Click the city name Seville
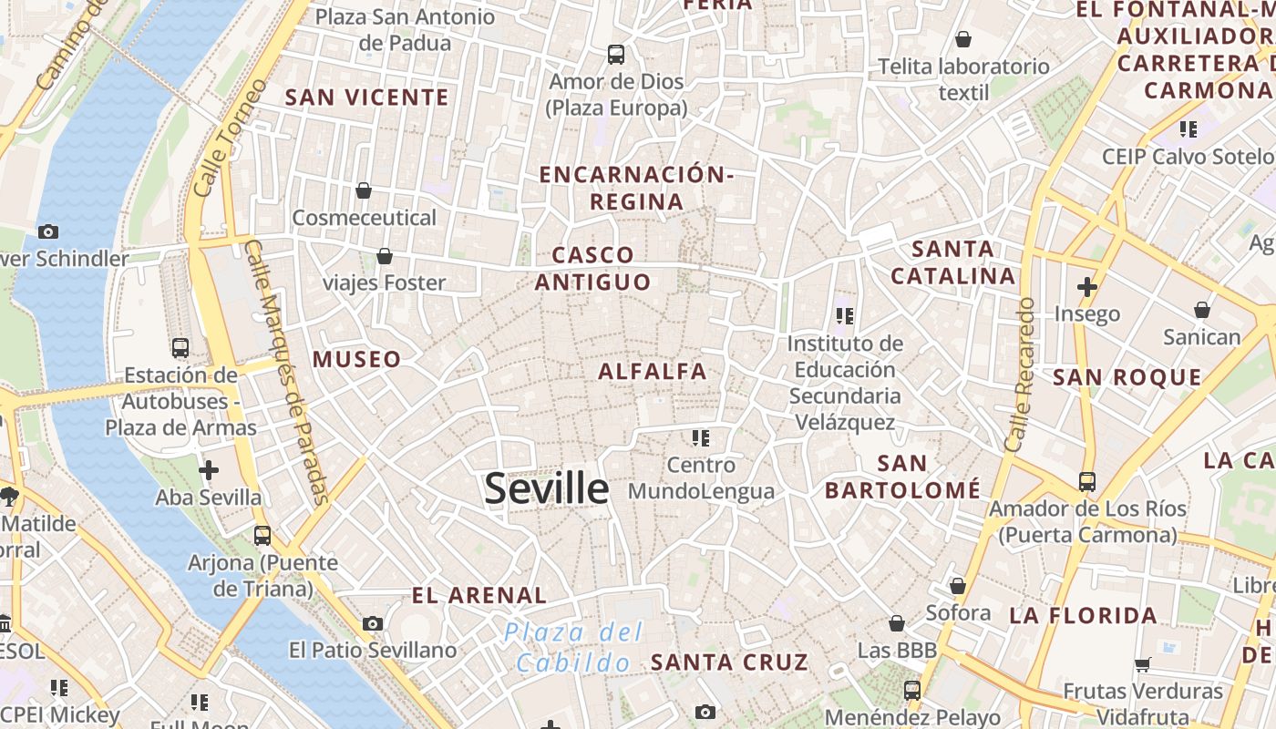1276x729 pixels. (x=546, y=489)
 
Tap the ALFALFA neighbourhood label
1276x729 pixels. (x=653, y=371)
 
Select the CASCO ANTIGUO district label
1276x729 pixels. (x=592, y=269)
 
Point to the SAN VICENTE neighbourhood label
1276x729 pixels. (x=367, y=98)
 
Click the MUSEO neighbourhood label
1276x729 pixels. (x=356, y=359)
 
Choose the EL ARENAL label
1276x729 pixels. (x=478, y=596)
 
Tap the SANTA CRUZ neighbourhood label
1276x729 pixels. (x=729, y=662)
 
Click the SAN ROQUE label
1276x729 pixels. (x=1127, y=377)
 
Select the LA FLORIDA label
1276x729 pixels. (x=1083, y=616)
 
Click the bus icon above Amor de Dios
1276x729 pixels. (x=616, y=55)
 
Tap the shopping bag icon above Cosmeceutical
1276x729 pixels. (x=364, y=190)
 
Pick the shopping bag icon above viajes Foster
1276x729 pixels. (x=385, y=256)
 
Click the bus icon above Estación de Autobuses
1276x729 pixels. (x=180, y=347)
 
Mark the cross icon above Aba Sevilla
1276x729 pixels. (x=209, y=470)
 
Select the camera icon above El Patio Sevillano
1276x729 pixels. (x=372, y=623)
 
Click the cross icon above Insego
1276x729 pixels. (x=1086, y=287)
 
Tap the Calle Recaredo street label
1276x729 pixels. (x=1020, y=374)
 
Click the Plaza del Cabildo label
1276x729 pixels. (x=574, y=647)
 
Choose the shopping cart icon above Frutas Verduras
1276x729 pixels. (x=1143, y=664)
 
